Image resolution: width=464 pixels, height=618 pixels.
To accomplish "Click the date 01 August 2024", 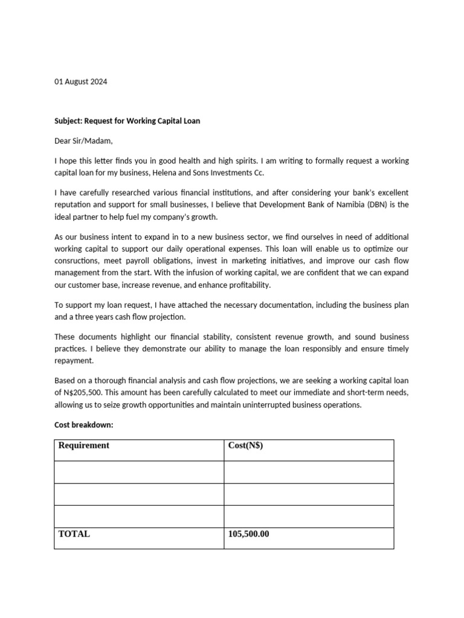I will pos(80,81).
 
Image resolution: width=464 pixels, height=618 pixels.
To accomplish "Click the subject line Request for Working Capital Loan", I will pos(127,121).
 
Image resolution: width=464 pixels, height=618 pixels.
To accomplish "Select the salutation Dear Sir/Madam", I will pos(83,141).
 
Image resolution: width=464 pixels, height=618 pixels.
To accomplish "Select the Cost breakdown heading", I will pos(83,425).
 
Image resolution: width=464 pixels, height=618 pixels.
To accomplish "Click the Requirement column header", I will pos(84,445).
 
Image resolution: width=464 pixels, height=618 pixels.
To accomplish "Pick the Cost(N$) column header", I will pos(245,445).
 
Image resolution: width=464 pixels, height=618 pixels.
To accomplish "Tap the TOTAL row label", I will pos(74,534).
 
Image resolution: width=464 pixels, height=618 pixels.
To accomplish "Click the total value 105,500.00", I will pos(248,534).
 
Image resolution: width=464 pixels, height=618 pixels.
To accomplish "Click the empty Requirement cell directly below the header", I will pos(139,472).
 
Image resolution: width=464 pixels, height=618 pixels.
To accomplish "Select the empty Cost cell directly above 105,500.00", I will pos(309,516).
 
